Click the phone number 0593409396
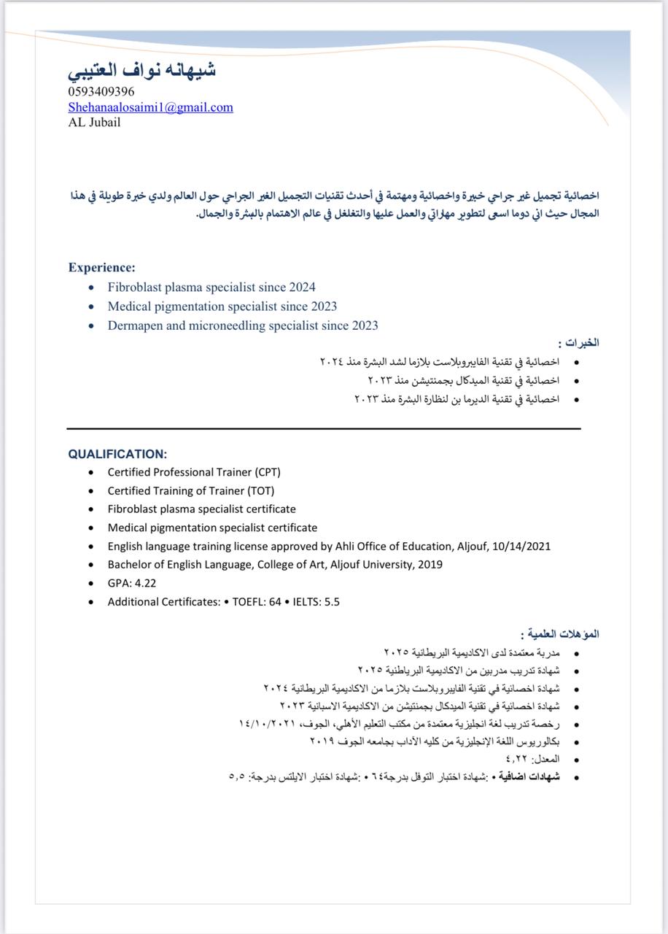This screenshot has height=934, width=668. (x=101, y=92)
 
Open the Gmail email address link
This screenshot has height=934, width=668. (x=151, y=107)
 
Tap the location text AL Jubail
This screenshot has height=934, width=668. (x=95, y=123)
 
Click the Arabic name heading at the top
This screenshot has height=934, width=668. (x=142, y=71)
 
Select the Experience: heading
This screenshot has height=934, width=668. (x=102, y=268)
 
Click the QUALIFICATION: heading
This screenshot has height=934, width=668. (x=117, y=454)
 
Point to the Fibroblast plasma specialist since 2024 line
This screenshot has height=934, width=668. (x=211, y=287)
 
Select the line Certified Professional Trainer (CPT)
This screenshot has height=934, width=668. (x=194, y=472)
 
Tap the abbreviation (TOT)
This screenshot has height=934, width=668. (x=260, y=491)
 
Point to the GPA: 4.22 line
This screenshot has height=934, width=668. (x=132, y=583)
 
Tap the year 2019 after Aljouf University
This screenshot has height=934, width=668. (x=430, y=565)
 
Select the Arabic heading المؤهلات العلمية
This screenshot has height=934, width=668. (x=562, y=634)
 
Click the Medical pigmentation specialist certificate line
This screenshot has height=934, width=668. (x=212, y=528)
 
